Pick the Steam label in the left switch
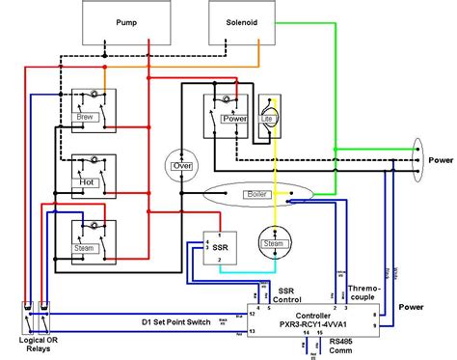tap(86, 247)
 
